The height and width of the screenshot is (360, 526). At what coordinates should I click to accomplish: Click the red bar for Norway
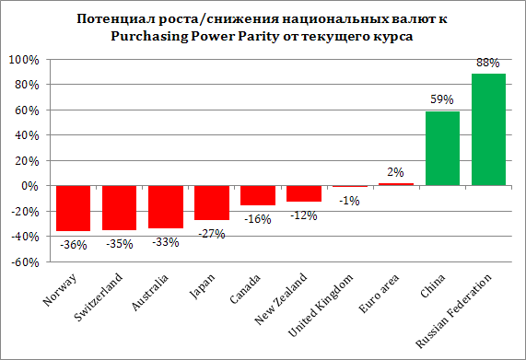(73, 208)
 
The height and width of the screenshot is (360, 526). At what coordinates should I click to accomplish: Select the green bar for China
(442, 148)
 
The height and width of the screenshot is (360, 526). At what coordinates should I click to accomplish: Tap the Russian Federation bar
(488, 130)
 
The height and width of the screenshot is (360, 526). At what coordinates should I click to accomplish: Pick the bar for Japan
(211, 203)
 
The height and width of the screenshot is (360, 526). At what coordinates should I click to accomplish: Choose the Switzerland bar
(119, 207)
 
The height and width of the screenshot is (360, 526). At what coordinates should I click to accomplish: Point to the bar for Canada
(257, 195)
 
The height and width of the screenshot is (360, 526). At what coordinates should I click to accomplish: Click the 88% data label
(488, 64)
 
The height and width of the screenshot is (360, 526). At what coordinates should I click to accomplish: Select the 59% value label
(442, 100)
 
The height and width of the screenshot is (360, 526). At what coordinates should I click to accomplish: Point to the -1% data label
(349, 202)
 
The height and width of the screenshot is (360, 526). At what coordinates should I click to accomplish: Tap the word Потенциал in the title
(115, 18)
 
